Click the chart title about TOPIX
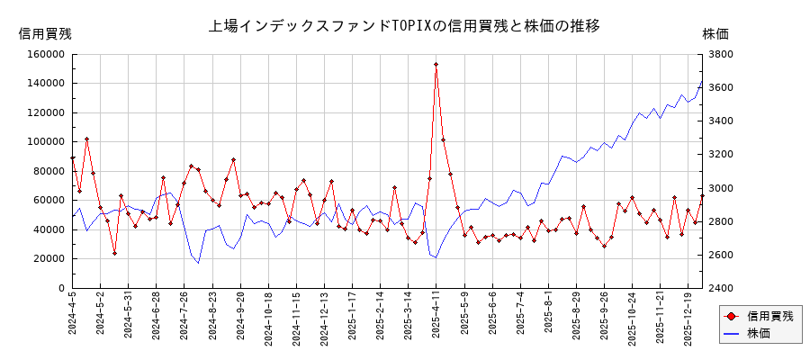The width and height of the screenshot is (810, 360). tap(404, 26)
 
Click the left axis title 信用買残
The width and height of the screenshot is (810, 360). tap(45, 34)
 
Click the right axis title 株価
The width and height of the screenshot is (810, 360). tap(715, 34)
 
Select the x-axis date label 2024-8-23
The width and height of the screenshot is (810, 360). tap(213, 320)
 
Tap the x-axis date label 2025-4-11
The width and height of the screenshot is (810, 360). tap(436, 320)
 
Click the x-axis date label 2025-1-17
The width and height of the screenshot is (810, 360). tap(353, 320)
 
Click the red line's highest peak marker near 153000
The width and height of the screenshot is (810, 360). tap(436, 64)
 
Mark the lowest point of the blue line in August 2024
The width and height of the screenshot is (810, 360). tap(199, 263)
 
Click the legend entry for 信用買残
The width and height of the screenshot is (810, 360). tap(760, 317)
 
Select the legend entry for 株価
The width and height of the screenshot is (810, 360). tap(760, 333)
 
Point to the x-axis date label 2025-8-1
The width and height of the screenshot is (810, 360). tap(548, 319)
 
